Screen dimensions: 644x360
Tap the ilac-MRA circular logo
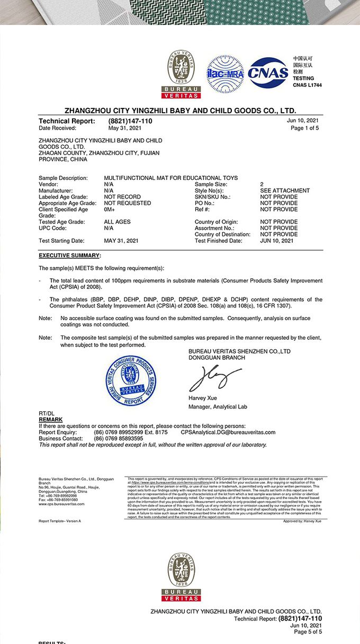(225, 74)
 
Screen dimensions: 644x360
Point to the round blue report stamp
(131, 380)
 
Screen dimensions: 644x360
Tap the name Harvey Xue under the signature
(203, 398)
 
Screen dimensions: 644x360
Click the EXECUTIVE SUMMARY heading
(69, 256)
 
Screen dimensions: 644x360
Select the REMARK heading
(50, 420)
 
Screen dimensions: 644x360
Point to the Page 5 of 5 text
(307, 632)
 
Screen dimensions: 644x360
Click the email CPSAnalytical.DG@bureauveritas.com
(228, 432)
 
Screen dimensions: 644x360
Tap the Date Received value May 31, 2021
(125, 128)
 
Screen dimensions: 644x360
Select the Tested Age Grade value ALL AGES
(117, 222)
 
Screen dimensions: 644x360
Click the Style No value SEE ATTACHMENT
(285, 191)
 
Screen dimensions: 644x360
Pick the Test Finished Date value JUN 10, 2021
(276, 241)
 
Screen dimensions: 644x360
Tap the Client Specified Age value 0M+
(110, 210)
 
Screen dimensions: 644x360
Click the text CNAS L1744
(307, 85)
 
